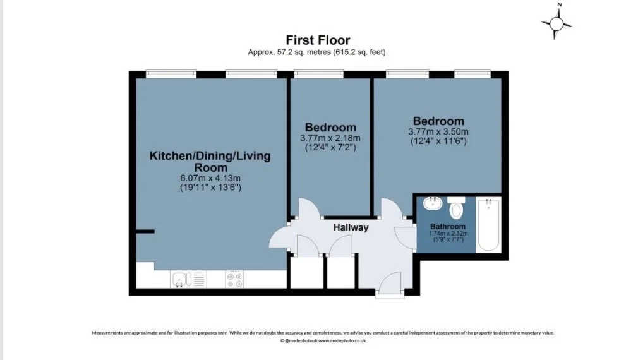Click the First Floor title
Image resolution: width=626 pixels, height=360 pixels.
318,40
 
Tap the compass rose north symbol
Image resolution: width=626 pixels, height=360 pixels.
557,23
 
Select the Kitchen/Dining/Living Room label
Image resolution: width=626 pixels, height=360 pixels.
210,161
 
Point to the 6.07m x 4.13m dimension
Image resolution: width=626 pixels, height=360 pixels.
210,178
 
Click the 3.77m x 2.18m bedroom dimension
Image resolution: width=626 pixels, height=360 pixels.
330,138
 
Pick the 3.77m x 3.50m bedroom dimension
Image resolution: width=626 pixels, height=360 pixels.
438,132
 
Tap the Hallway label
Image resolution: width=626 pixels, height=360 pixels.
351,228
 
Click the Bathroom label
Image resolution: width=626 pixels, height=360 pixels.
448,226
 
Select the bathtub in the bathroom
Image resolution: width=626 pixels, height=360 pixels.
488,225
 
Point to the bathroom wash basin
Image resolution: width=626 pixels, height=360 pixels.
433,203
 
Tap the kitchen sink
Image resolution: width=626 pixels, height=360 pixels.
188,279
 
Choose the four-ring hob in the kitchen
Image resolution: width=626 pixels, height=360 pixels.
234,279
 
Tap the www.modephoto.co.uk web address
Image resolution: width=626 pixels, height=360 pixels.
342,341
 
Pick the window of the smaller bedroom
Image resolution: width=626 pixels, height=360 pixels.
318,73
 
